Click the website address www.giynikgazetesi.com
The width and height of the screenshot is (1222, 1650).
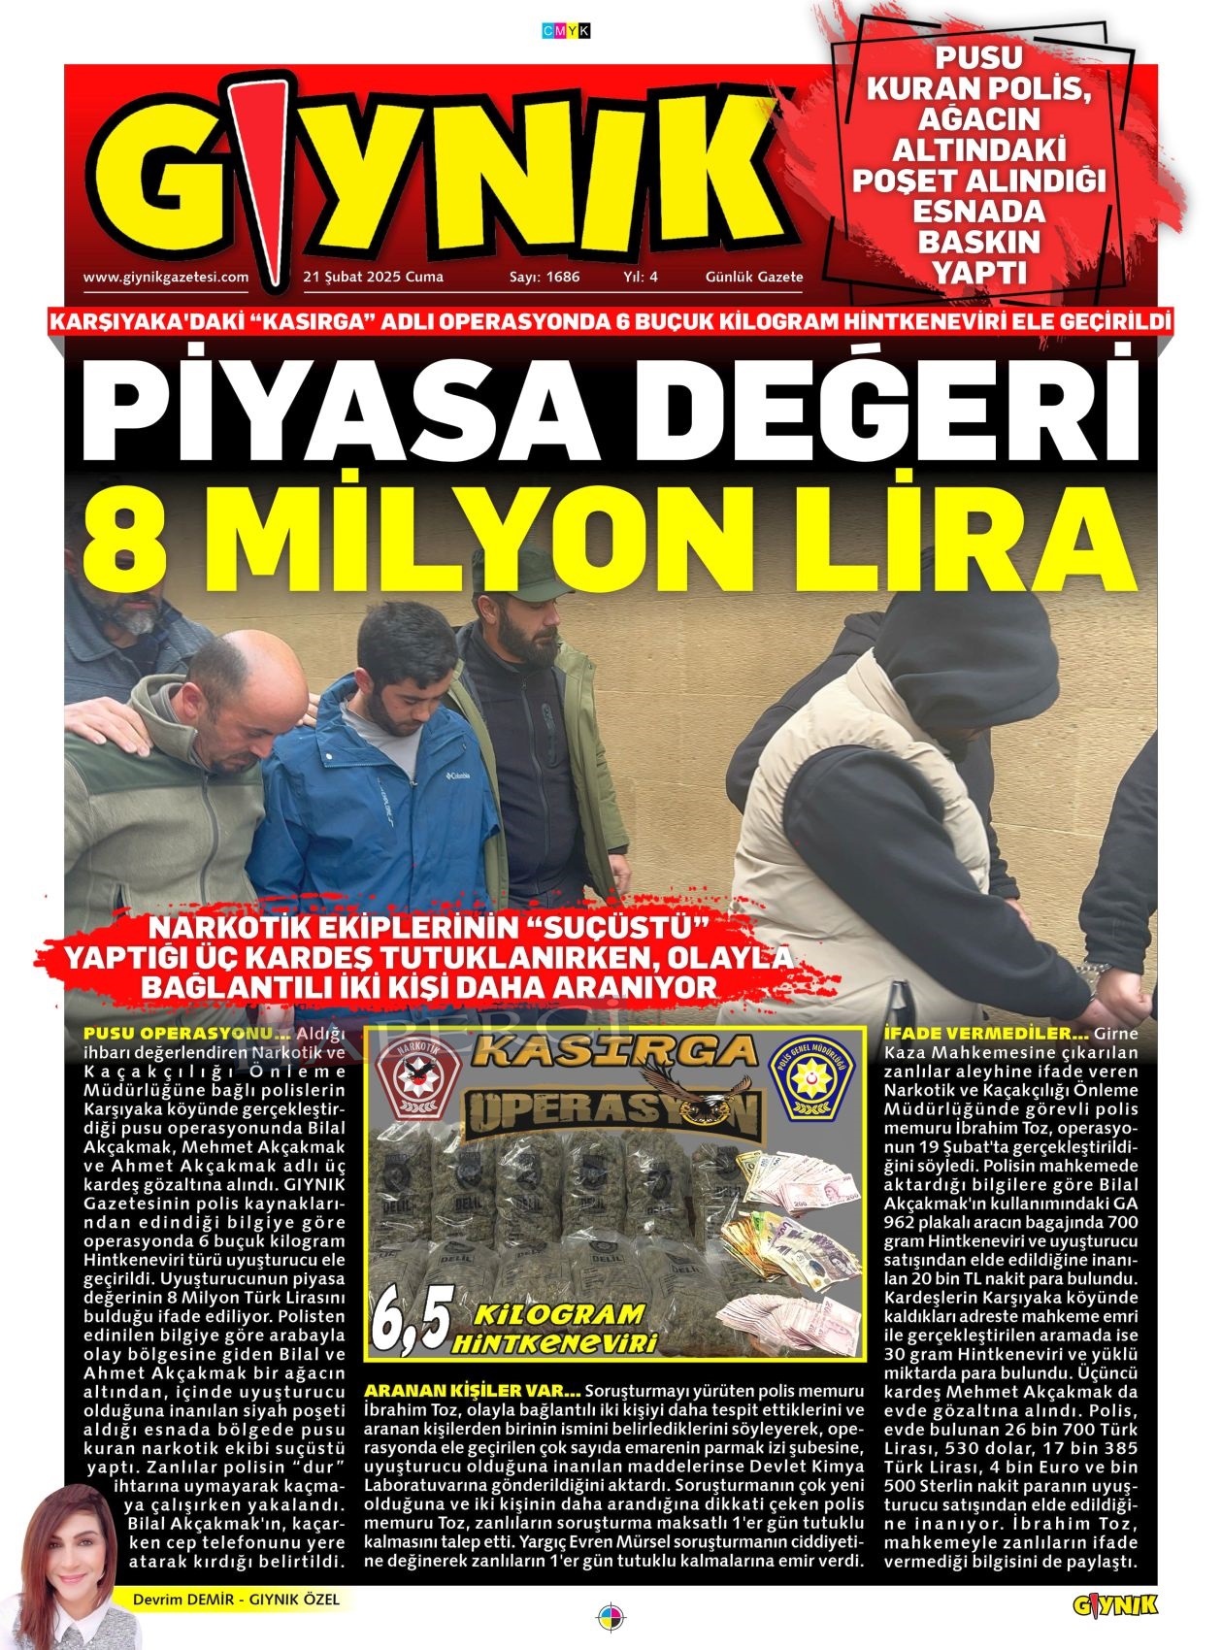[166, 277]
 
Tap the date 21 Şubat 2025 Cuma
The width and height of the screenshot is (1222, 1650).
[374, 277]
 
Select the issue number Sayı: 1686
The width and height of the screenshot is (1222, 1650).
[545, 277]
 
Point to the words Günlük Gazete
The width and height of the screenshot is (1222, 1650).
[754, 277]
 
